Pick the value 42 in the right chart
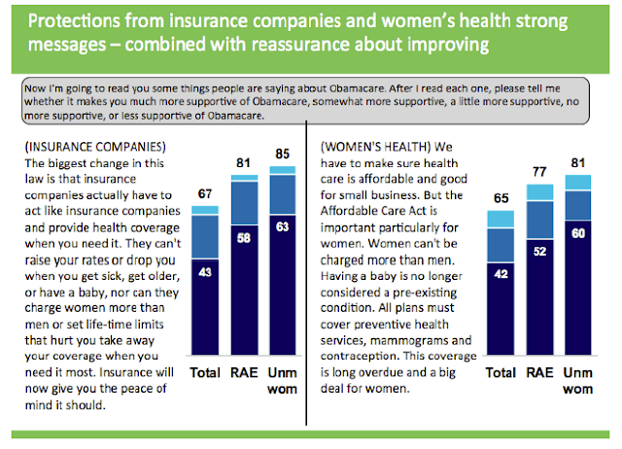coord(501,273)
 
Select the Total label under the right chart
coord(501,373)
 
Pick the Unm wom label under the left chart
coord(283,382)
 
